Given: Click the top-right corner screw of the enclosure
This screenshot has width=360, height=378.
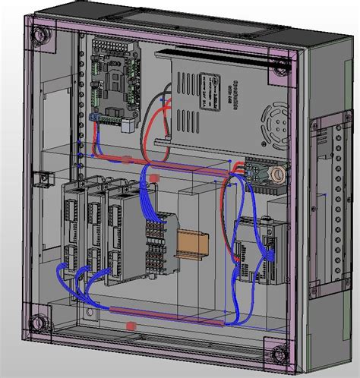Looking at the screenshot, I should [x=280, y=65].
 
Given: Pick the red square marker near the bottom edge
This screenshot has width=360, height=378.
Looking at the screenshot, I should [x=131, y=326].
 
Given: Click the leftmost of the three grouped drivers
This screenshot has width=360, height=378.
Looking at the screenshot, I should [x=75, y=227].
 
